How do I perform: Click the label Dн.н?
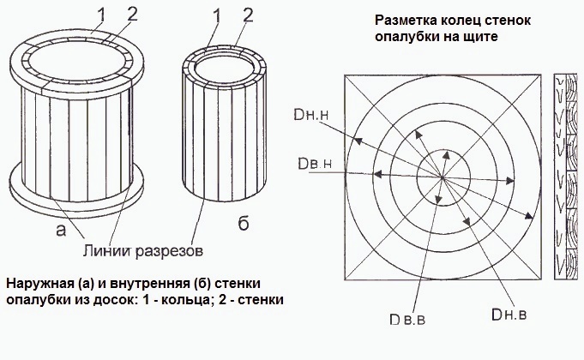point(312,115)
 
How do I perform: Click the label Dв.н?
point(315,164)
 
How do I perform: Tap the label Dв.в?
point(407,320)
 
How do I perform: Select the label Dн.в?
point(509,315)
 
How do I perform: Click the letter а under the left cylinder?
point(61,231)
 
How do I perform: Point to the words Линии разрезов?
point(143,250)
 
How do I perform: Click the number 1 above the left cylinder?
point(101,16)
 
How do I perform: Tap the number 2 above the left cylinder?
point(132,15)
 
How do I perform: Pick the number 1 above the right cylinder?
point(217,17)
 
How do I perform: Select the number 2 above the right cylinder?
point(248,15)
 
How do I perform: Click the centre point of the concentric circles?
point(443,177)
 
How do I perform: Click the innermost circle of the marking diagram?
point(417,177)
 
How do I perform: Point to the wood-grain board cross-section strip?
point(566,177)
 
